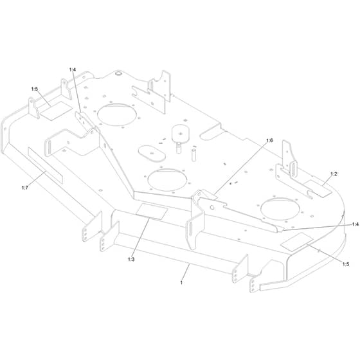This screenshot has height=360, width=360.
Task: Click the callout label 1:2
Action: click(x=334, y=174)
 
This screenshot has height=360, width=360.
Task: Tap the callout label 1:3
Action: click(x=131, y=259)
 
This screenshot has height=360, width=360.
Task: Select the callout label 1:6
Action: click(x=269, y=141)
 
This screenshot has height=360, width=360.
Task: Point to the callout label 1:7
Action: click(x=25, y=188)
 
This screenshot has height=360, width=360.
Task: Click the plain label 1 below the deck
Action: click(x=181, y=283)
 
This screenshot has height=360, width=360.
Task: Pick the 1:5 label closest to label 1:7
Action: click(x=35, y=89)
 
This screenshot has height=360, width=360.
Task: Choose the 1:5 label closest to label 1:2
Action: click(x=346, y=264)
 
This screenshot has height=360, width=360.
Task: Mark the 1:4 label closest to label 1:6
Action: click(x=355, y=224)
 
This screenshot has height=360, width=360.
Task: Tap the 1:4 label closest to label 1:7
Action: click(x=72, y=69)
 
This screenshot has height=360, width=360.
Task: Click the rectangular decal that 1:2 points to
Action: click(x=318, y=188)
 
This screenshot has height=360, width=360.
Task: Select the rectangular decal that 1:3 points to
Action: click(x=152, y=212)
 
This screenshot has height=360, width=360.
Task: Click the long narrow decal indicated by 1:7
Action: click(x=45, y=165)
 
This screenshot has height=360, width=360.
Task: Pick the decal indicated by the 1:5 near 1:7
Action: click(x=57, y=111)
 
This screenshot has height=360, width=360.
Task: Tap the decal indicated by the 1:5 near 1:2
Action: click(x=297, y=242)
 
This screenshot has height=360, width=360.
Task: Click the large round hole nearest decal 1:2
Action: click(x=280, y=209)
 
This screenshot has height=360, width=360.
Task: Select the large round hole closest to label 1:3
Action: click(x=167, y=180)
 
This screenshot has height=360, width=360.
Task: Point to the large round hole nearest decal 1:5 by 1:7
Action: click(x=117, y=114)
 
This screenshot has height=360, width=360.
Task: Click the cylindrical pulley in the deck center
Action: click(x=181, y=134)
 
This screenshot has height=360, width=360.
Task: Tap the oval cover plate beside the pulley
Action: click(x=152, y=154)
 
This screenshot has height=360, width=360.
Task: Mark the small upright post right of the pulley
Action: click(x=194, y=155)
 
